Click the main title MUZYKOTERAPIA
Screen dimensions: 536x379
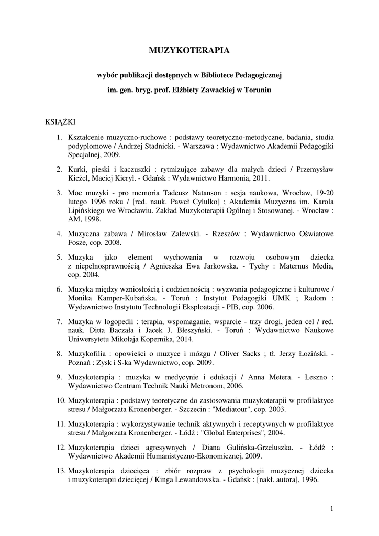(x=189, y=51)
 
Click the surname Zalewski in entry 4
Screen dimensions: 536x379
(x=182, y=233)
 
